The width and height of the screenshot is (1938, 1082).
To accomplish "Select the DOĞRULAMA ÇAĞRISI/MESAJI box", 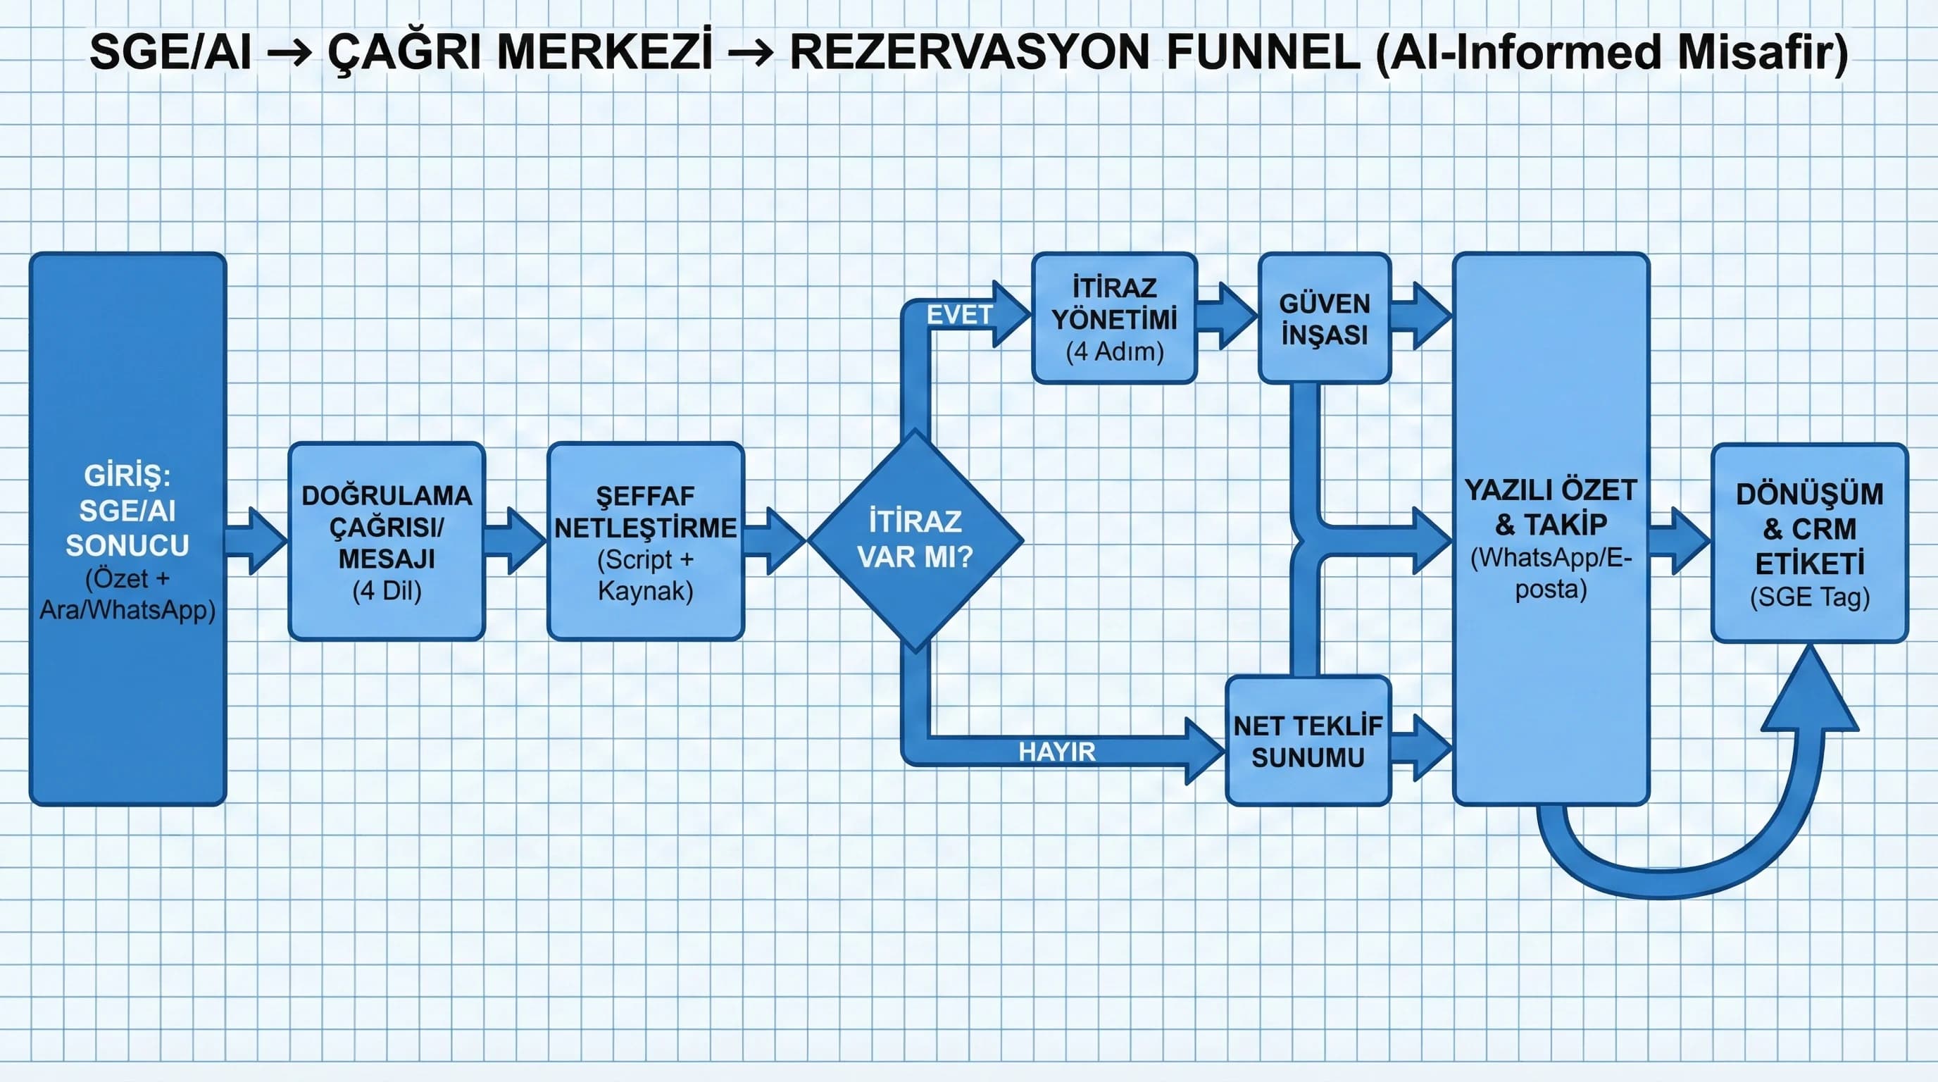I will click(x=387, y=541).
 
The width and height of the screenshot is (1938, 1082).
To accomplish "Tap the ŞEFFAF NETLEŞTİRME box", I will click(x=646, y=541).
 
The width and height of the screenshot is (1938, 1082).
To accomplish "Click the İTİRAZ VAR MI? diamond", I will click(x=915, y=540).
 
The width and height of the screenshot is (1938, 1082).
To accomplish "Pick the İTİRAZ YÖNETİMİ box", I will click(x=1114, y=318).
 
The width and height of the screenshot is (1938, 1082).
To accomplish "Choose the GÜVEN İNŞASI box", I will click(x=1324, y=318).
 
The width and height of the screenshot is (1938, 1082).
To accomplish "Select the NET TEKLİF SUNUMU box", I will click(x=1308, y=741).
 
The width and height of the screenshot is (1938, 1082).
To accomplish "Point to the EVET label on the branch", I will click(x=958, y=314).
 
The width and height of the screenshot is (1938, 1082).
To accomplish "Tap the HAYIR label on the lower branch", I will click(x=1056, y=751).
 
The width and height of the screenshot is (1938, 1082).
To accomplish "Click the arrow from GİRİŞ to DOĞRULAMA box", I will click(x=256, y=540).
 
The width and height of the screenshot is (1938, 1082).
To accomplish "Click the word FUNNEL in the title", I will click(x=1263, y=53).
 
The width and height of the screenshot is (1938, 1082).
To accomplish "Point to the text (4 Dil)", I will click(x=387, y=590).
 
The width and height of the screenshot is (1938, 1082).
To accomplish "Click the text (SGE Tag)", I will click(x=1809, y=597).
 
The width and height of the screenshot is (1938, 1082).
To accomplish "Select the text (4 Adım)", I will click(x=1114, y=352).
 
